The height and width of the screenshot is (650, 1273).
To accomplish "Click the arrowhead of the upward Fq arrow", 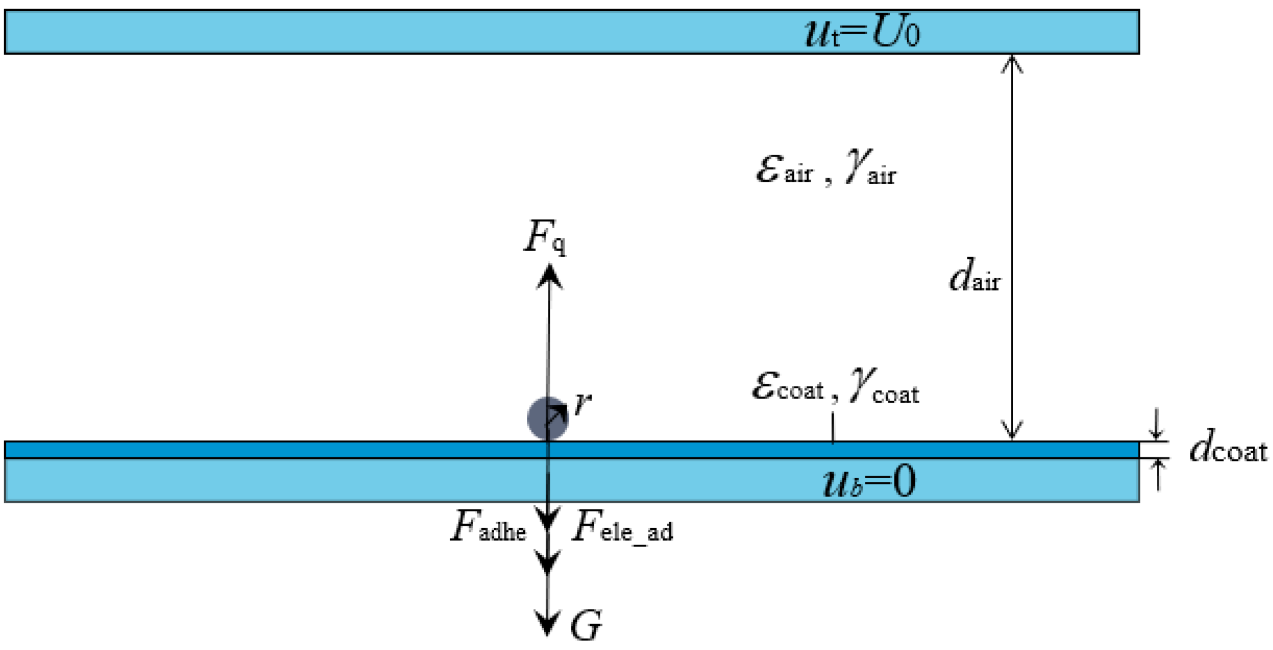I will coord(549,275).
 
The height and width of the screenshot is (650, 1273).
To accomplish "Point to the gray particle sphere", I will coord(546,418).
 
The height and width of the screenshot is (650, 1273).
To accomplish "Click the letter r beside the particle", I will coord(583,403).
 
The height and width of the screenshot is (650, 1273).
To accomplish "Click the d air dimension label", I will coord(974,277).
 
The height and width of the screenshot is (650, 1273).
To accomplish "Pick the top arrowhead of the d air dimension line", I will coord(1012,62).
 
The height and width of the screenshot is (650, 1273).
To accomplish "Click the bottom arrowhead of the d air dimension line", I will coord(1012,431).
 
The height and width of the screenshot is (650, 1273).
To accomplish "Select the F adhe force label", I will coord(488,527).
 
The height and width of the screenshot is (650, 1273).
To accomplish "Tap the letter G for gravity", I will coord(586,625).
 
